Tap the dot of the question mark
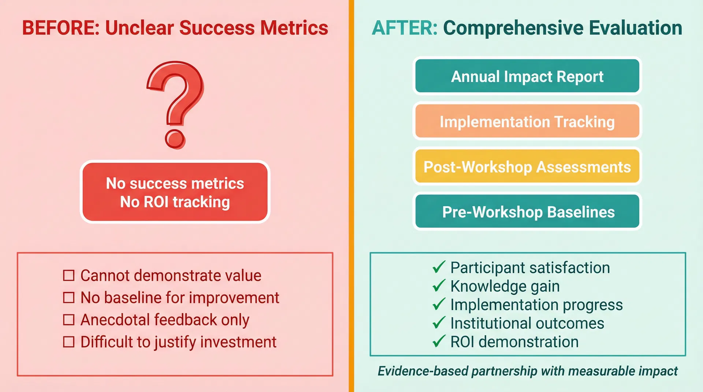pos(175,139)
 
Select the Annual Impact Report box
pos(527,76)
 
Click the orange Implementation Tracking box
pos(527,121)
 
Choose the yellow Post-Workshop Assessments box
pos(527,166)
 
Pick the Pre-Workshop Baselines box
pos(527,212)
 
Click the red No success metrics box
pos(175,192)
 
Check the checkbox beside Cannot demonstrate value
pos(69,275)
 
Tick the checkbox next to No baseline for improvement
pos(69,298)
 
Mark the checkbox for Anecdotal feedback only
pos(69,320)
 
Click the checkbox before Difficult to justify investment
pos(69,342)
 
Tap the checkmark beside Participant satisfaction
pos(439,267)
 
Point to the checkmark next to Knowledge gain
pos(439,286)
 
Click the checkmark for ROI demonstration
pos(439,342)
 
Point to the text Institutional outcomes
pos(527,323)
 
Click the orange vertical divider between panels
pos(351,196)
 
